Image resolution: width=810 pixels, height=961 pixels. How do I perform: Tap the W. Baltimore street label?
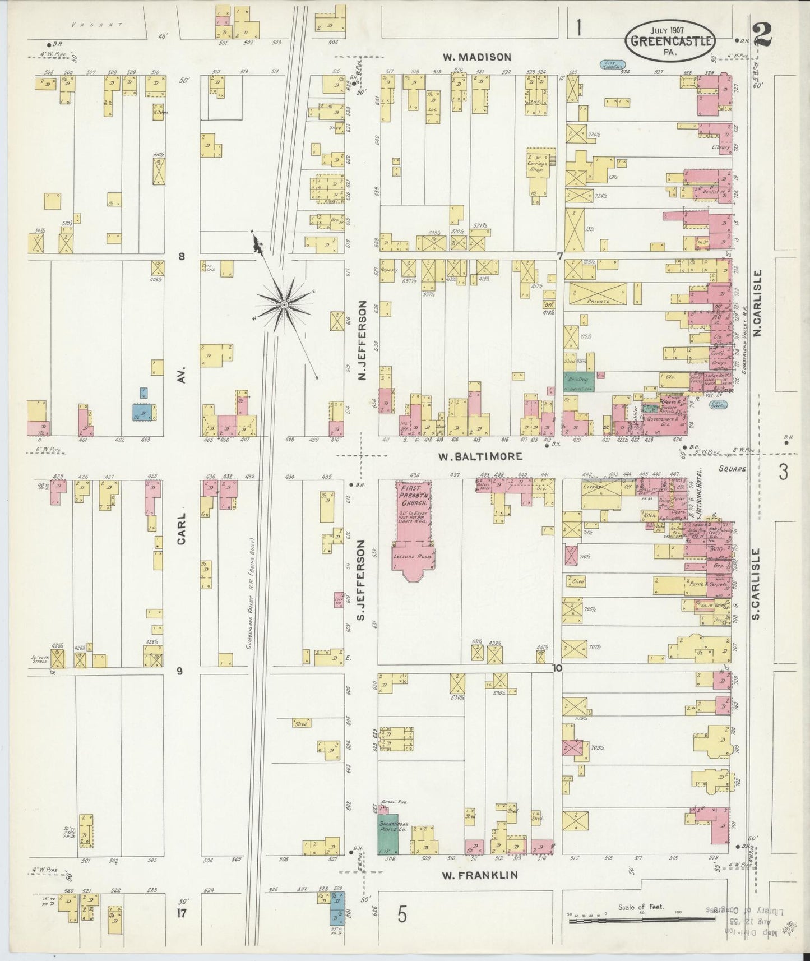pyautogui.click(x=480, y=456)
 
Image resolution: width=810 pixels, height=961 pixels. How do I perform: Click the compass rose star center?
pyautogui.click(x=284, y=304)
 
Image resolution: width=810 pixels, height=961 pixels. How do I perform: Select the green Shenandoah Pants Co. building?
pyautogui.click(x=387, y=834)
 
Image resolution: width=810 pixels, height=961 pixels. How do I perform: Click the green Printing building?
pyautogui.click(x=578, y=381)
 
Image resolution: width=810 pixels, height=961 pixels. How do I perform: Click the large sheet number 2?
pyautogui.click(x=762, y=34)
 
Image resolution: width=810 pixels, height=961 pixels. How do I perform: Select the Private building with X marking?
pyautogui.click(x=598, y=294)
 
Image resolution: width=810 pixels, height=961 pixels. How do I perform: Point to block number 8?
pyautogui.click(x=181, y=257)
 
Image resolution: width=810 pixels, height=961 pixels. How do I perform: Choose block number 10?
pyautogui.click(x=556, y=668)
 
